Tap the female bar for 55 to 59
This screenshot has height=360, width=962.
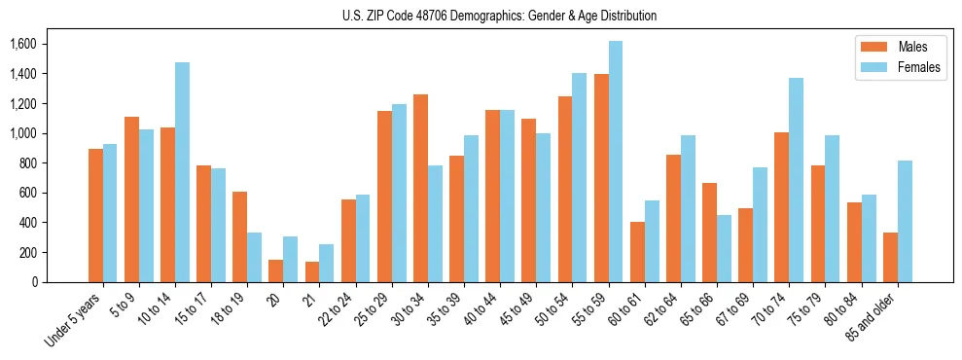[x=616, y=162]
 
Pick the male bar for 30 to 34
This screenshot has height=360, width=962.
[x=420, y=188]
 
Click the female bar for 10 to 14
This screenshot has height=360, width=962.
[x=182, y=172]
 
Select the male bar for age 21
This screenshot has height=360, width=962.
[x=312, y=271]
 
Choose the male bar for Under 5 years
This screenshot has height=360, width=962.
[x=95, y=215]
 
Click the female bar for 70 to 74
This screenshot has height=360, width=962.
[x=796, y=180]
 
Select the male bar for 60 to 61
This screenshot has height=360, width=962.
[x=637, y=252]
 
